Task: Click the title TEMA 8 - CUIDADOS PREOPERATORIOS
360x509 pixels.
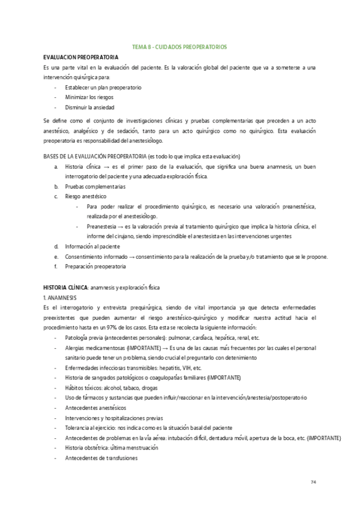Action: point(179,46)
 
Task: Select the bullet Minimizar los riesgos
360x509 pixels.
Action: point(89,97)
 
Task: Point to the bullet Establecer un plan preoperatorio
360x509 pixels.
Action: point(103,87)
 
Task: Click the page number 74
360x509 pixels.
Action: point(313,482)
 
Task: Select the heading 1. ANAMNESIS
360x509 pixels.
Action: point(60,298)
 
